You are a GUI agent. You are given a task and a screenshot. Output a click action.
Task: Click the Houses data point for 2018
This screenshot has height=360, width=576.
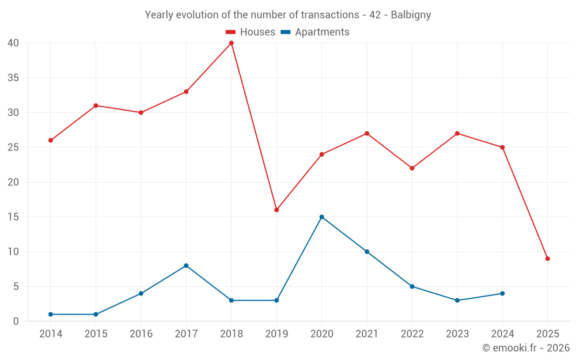[x=231, y=43]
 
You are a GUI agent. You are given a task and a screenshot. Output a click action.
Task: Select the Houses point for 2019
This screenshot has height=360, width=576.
[x=276, y=210]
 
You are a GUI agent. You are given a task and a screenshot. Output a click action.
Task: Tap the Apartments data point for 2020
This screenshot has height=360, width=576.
[x=321, y=217]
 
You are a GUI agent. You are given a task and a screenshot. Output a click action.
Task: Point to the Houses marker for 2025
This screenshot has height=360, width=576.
[x=547, y=259]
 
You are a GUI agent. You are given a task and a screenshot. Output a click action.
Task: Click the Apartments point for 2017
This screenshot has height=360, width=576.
[x=186, y=266]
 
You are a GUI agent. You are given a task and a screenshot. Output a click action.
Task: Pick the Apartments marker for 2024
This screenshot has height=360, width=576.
[x=502, y=294]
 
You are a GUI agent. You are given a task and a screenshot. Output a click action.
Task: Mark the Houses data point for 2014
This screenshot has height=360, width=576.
[x=51, y=141]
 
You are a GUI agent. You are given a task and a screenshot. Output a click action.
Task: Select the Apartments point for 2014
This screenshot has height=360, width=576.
[x=51, y=314]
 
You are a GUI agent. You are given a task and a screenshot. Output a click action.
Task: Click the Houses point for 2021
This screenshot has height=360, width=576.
[x=367, y=134]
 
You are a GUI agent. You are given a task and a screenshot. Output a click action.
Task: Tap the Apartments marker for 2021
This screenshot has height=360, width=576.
[x=367, y=252]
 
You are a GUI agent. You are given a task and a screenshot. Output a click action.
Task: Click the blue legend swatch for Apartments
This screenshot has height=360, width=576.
[x=285, y=32]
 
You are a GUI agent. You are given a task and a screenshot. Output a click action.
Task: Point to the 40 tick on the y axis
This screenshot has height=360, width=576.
[x=13, y=43]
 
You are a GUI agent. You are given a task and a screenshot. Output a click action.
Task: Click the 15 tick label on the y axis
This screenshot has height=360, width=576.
[x=13, y=217]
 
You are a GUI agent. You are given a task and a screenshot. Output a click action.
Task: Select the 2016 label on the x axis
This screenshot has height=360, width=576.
[x=141, y=334]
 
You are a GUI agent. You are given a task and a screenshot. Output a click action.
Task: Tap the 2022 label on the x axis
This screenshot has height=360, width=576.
[x=412, y=334]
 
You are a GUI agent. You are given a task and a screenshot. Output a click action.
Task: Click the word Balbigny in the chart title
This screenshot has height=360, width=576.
[x=411, y=15]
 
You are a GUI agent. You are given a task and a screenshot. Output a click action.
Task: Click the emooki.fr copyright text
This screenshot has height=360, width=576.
[x=525, y=348]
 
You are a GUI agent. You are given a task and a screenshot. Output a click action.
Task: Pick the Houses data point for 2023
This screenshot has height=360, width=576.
[x=457, y=134]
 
